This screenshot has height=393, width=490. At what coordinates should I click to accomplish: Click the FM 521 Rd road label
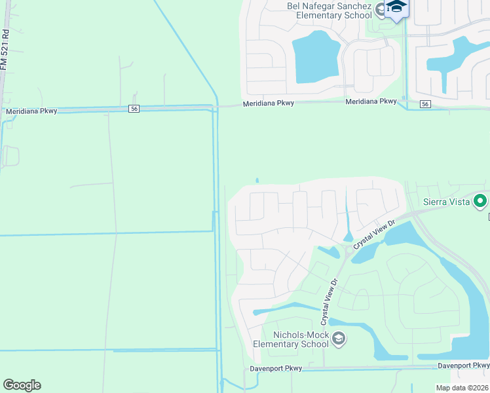[5, 49]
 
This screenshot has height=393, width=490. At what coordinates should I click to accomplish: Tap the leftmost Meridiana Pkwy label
[31, 111]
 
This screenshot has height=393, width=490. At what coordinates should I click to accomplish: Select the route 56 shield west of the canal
[134, 109]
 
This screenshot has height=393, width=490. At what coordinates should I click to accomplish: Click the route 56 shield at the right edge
[425, 104]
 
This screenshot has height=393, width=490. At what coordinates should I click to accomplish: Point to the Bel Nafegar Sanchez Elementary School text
[329, 10]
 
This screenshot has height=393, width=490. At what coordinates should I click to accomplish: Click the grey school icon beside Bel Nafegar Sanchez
[381, 11]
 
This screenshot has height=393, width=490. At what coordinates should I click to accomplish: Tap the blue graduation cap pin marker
[396, 8]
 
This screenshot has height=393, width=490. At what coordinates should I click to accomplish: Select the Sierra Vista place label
[447, 202]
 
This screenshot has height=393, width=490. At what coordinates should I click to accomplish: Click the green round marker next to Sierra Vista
[481, 201]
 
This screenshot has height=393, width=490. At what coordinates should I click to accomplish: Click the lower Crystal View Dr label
[329, 303]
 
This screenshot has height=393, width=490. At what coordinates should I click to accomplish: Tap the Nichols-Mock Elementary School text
[292, 339]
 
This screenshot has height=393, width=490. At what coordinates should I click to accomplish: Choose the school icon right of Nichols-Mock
[339, 339]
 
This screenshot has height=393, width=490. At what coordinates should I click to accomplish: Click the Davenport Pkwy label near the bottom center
[276, 369]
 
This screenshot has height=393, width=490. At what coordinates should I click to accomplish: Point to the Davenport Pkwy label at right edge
[464, 365]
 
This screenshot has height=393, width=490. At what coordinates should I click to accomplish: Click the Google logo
[22, 385]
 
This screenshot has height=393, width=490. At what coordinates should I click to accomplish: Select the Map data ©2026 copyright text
[462, 388]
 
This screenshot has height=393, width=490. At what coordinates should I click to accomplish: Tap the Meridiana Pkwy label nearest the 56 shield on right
[371, 102]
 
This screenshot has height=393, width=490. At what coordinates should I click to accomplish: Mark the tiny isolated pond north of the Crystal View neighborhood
[257, 181]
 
